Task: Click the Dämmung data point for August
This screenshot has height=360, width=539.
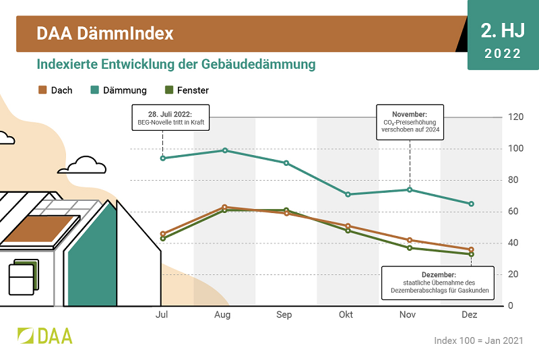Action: [225, 150]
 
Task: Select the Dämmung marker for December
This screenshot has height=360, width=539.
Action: [472, 204]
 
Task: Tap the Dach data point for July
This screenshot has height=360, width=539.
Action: [163, 234]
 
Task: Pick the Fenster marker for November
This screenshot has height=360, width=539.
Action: [410, 248]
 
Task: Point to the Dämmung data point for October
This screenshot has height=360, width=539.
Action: [348, 194]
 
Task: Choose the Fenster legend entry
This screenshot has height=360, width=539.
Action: [187, 90]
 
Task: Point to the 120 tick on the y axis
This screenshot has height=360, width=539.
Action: [515, 117]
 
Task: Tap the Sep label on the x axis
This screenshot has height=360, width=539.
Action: [284, 315]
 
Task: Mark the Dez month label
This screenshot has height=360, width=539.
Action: [470, 315]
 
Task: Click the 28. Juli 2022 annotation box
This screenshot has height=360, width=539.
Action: [171, 117]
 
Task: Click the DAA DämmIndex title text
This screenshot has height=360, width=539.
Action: [105, 33]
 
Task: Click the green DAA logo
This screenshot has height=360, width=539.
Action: [44, 335]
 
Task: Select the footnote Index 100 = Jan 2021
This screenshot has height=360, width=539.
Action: [478, 340]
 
